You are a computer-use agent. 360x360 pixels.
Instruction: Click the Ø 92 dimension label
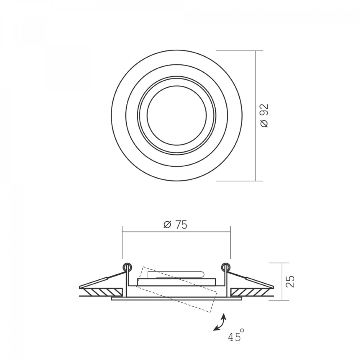[265, 116]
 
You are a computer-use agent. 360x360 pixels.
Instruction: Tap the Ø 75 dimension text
[175, 225]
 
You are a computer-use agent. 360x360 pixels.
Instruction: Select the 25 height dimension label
[291, 281]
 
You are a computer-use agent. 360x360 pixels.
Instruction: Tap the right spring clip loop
[225, 267]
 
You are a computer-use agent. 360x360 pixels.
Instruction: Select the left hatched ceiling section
[104, 292]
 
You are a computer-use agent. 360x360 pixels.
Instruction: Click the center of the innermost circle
[176, 116]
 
